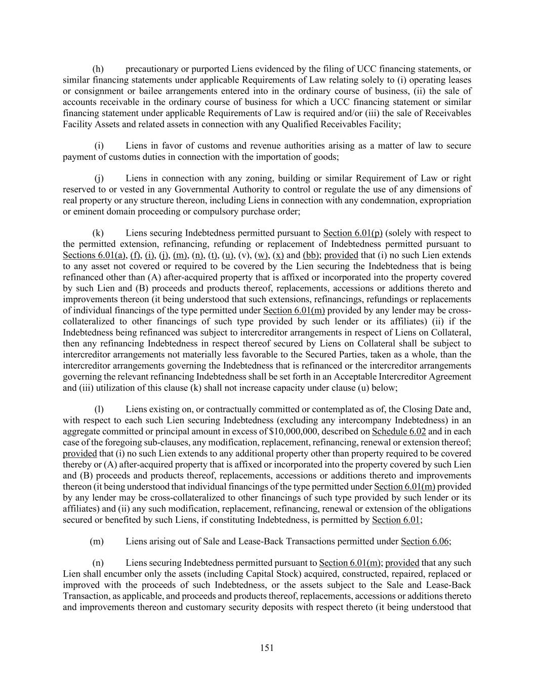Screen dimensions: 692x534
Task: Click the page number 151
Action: [267, 647]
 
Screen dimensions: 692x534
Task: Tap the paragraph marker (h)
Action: [98, 69]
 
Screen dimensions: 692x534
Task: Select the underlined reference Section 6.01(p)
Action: [353, 233]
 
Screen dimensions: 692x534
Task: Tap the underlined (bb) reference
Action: [310, 255]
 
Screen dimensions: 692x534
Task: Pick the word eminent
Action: [88, 211]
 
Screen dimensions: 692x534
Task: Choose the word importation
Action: [267, 157]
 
